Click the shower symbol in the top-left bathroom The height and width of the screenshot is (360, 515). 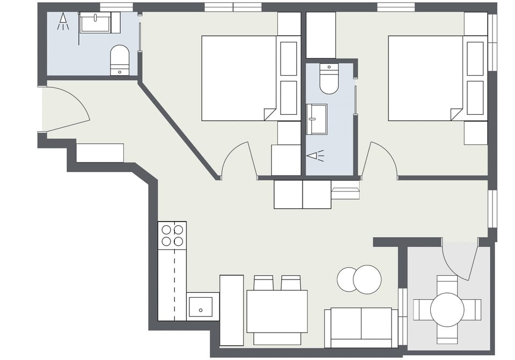[63, 21]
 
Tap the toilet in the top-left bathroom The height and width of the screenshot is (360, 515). [120, 60]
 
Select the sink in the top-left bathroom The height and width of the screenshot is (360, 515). [95, 24]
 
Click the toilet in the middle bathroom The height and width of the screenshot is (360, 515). [329, 78]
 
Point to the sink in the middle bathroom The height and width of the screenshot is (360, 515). [317, 119]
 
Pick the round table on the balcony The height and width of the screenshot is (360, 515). [447, 310]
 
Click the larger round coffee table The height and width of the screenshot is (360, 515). [367, 280]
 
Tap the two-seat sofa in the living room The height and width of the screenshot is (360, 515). [361, 327]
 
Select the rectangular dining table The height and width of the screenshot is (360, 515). [277, 311]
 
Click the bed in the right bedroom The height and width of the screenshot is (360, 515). [425, 78]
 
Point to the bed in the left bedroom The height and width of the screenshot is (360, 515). [239, 78]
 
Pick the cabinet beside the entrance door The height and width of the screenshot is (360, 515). [100, 152]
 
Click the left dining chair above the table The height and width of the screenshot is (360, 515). [263, 283]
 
